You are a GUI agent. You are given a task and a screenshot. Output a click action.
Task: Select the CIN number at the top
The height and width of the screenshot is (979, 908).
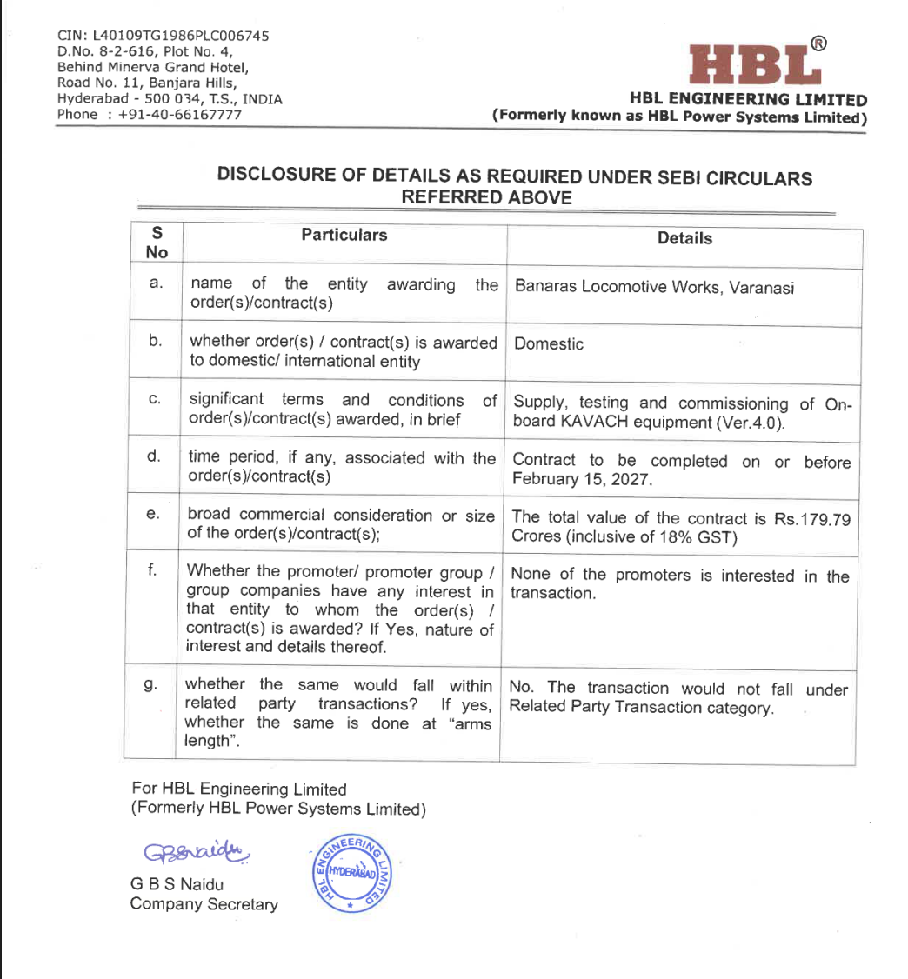tap(163, 36)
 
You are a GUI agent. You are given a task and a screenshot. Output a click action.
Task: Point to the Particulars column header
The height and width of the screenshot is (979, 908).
tap(344, 235)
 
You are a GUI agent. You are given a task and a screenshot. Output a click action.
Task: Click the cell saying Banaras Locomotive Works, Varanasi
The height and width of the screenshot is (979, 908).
tap(654, 288)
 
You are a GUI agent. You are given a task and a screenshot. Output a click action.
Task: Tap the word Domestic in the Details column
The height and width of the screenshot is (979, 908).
tap(549, 343)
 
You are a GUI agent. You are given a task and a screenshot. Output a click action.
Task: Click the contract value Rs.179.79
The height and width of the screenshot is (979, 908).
tap(810, 518)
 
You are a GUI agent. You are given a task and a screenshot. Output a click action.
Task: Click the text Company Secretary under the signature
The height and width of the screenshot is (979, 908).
tap(204, 904)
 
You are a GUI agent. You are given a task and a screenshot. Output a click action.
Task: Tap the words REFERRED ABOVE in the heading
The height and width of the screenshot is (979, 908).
tap(486, 197)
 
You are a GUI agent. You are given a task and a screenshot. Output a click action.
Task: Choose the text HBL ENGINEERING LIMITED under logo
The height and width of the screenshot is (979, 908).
tap(751, 100)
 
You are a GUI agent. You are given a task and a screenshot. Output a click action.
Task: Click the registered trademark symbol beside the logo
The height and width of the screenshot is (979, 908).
tap(818, 43)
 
